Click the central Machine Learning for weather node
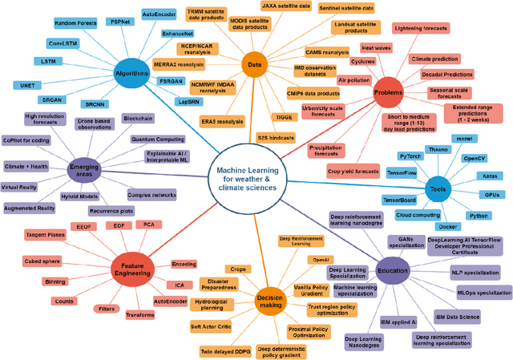point(253,181)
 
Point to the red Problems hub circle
point(388,93)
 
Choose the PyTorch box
point(411,156)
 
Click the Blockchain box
point(138,119)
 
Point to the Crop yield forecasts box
point(353,170)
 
